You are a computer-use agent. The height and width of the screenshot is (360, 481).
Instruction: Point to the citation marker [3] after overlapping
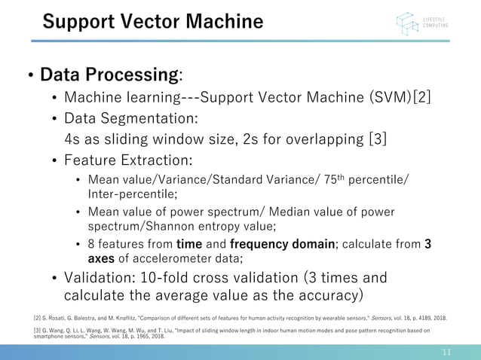(x=375, y=140)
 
